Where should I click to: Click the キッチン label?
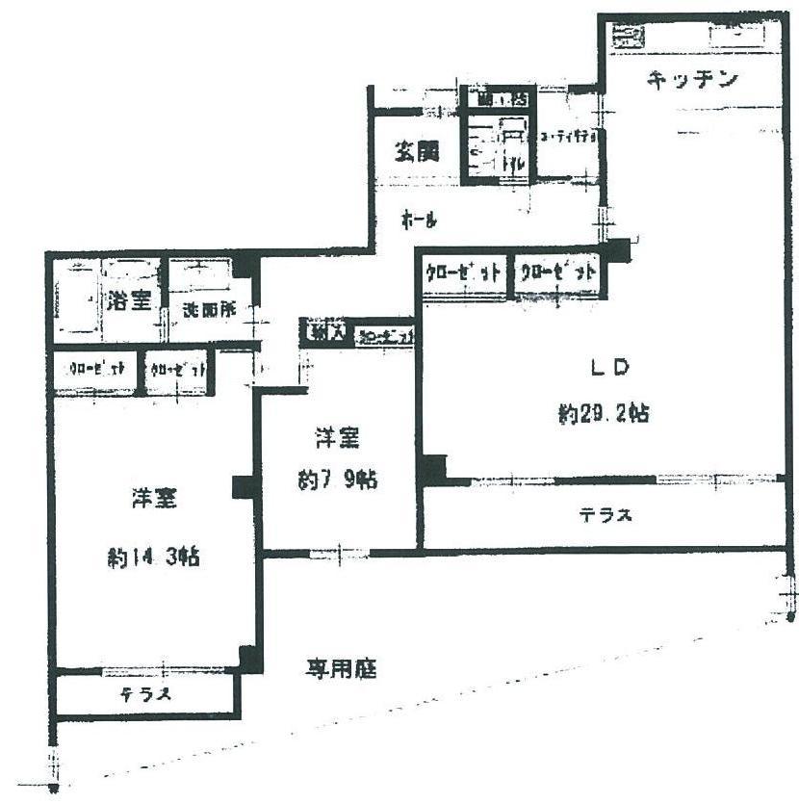coord(692,79)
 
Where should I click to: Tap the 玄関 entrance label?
coord(416,151)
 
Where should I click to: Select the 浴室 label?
coord(128,299)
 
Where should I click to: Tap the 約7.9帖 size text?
coord(336,479)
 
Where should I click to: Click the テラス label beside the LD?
coord(606,515)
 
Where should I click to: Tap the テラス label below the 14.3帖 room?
coord(146,695)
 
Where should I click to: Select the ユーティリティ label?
coord(568,138)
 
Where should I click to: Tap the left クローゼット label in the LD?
coord(464,272)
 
